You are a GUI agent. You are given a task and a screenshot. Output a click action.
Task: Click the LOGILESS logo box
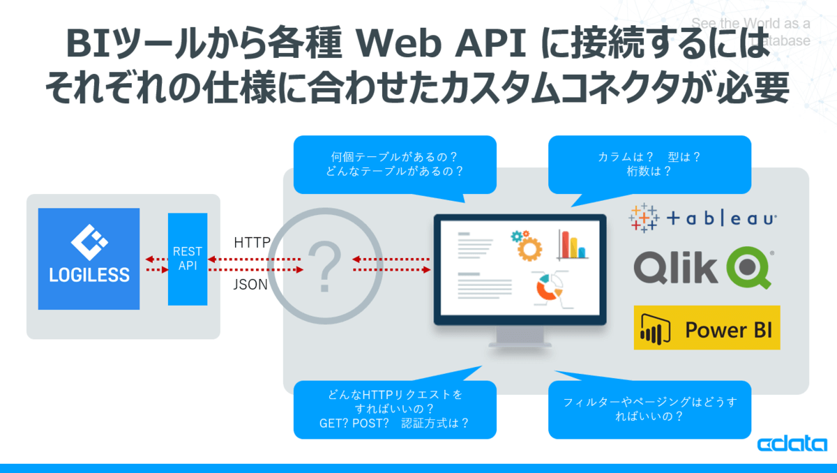pyautogui.click(x=89, y=259)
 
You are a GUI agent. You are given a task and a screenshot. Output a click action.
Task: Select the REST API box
pyautogui.click(x=188, y=259)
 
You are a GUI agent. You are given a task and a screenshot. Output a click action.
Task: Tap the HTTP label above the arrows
pyautogui.click(x=252, y=243)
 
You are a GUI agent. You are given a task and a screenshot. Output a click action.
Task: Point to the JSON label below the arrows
pyautogui.click(x=250, y=284)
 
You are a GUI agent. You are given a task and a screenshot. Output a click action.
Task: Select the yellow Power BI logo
pyautogui.click(x=707, y=327)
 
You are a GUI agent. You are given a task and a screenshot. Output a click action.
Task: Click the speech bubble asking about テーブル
pyautogui.click(x=395, y=164)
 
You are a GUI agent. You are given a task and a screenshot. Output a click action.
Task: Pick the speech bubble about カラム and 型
pyautogui.click(x=649, y=164)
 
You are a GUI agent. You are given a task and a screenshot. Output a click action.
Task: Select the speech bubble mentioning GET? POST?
pyautogui.click(x=395, y=409)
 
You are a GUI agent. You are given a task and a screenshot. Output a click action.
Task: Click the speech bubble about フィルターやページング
pyautogui.click(x=649, y=409)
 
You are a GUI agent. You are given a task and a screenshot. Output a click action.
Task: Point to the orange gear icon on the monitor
pyautogui.click(x=527, y=245)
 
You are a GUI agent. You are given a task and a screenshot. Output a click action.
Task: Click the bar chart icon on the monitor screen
pyautogui.click(x=571, y=243)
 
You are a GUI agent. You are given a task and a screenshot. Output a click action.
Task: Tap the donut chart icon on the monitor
pyautogui.click(x=548, y=288)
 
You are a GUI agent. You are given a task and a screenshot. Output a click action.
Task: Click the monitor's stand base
pyautogui.click(x=519, y=342)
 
